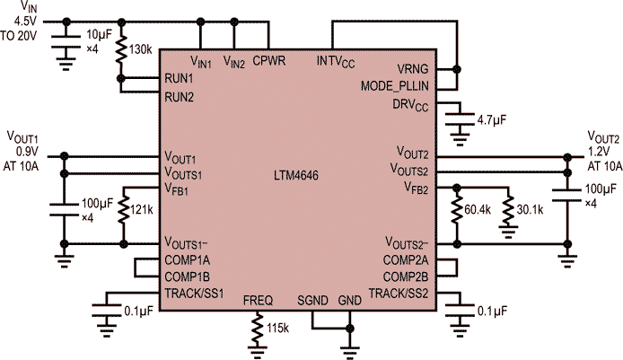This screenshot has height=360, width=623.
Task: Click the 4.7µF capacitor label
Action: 494,119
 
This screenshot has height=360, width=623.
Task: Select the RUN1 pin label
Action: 179,78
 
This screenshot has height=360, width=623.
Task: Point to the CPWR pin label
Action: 268,61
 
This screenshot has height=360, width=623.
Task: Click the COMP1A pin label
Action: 187,260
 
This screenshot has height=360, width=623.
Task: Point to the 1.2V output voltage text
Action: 601,152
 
